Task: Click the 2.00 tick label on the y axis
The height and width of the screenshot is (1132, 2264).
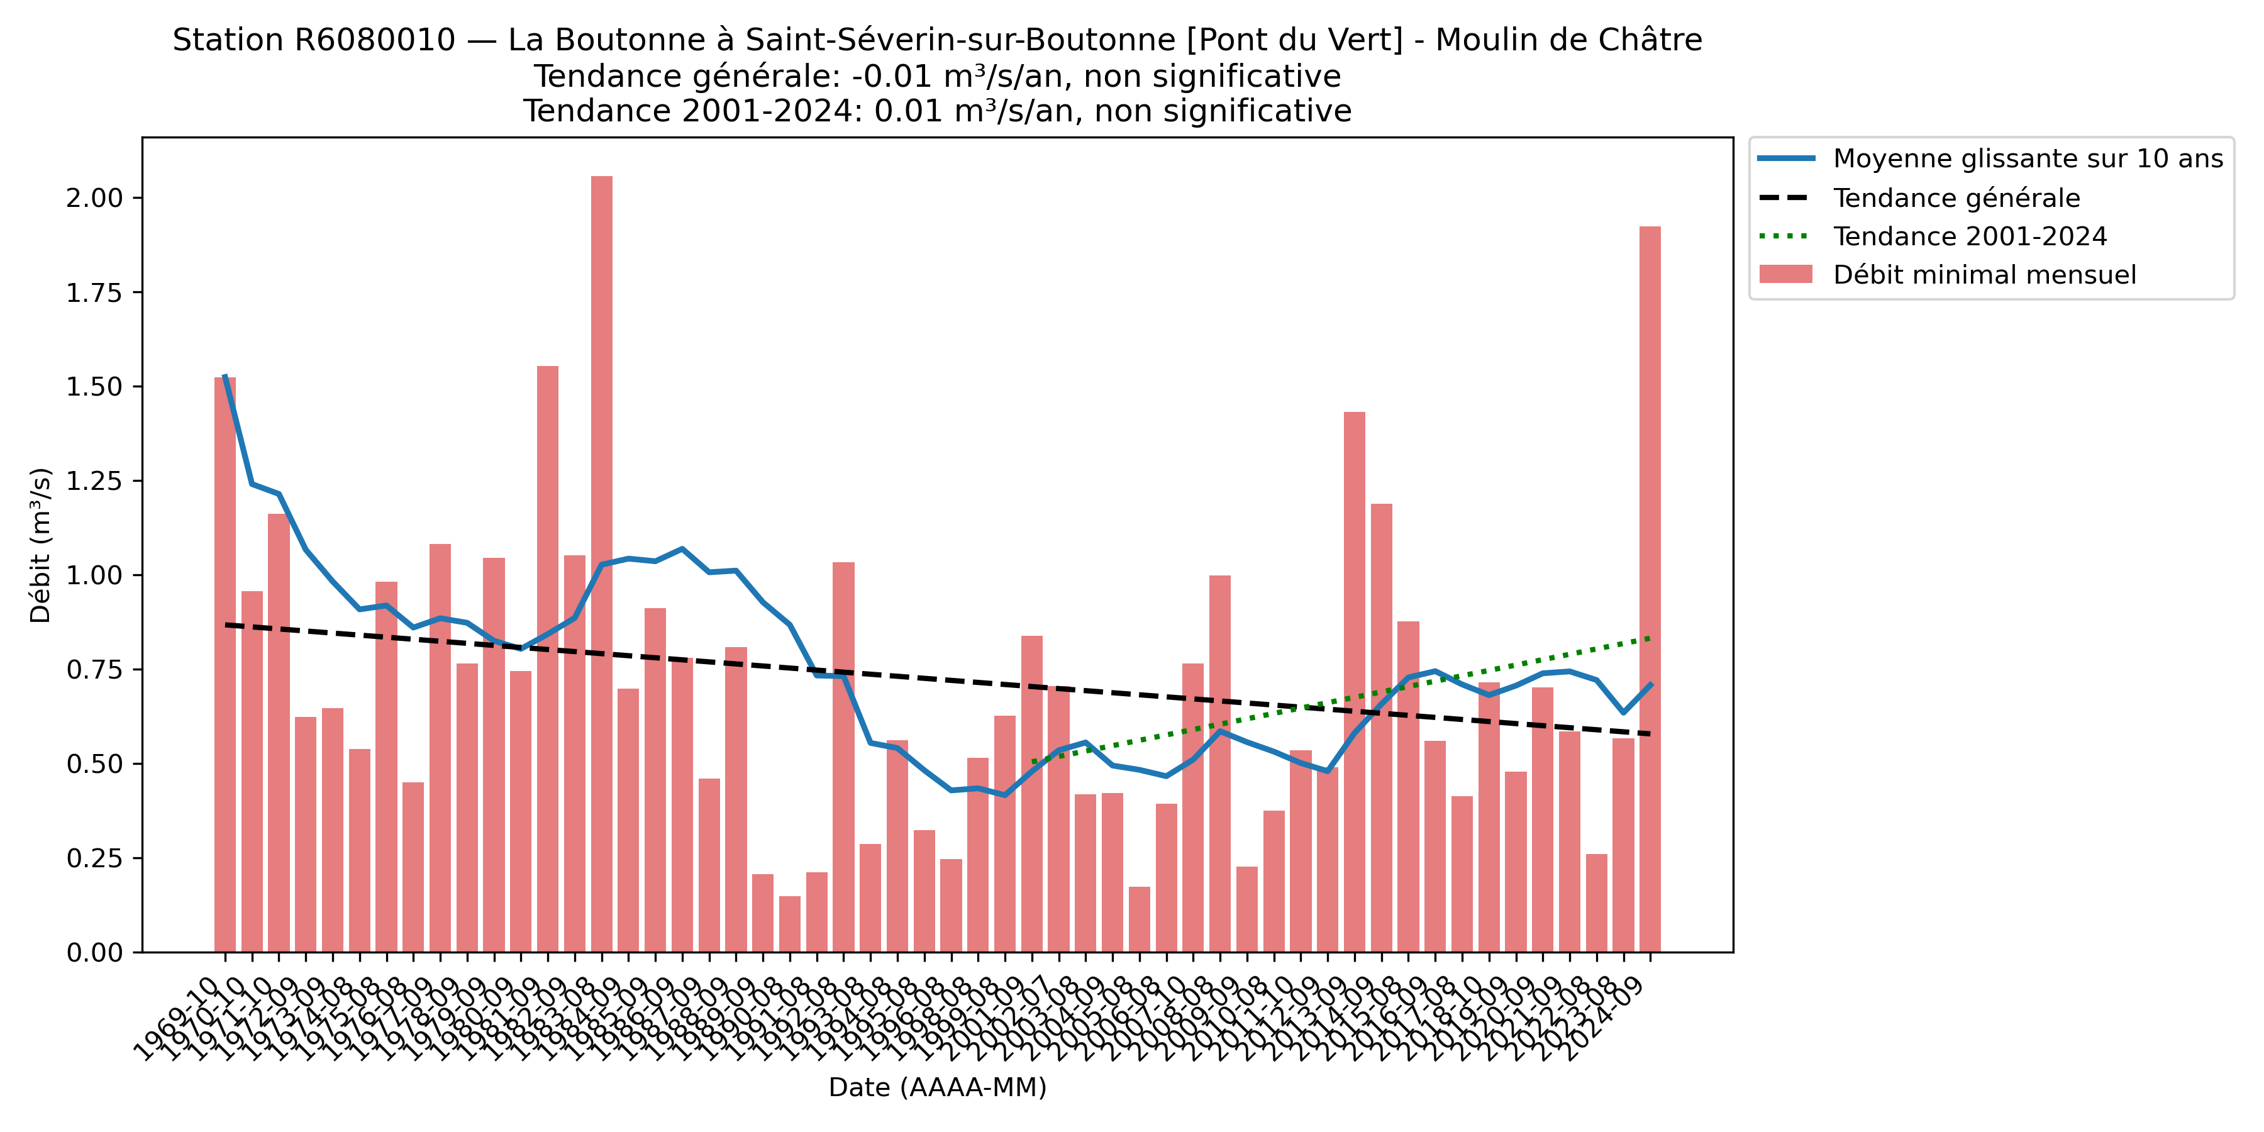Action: pyautogui.click(x=94, y=197)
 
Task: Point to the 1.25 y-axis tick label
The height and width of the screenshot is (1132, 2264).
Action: pyautogui.click(x=94, y=480)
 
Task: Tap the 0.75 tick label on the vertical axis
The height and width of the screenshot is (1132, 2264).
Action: pyautogui.click(x=94, y=670)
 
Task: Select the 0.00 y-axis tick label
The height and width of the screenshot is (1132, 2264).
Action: pyautogui.click(x=94, y=953)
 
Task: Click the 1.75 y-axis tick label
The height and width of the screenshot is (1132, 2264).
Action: pyautogui.click(x=94, y=292)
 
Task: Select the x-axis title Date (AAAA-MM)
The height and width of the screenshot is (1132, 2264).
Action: pyautogui.click(x=937, y=1087)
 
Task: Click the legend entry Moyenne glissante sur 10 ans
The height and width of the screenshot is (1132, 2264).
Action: pyautogui.click(x=2028, y=159)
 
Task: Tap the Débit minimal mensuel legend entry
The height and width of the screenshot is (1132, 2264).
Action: pyautogui.click(x=1984, y=275)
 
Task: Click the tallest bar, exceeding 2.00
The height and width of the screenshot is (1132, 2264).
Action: pyautogui.click(x=601, y=562)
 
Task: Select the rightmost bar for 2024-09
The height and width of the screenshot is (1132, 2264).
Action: pyautogui.click(x=1650, y=589)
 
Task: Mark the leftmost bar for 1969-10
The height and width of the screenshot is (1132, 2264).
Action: pyautogui.click(x=225, y=665)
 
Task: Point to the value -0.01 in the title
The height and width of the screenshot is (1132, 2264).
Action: pyautogui.click(x=891, y=77)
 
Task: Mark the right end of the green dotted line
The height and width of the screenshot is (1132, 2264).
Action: pyautogui.click(x=1650, y=638)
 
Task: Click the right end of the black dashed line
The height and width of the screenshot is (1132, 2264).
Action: pyautogui.click(x=1650, y=734)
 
